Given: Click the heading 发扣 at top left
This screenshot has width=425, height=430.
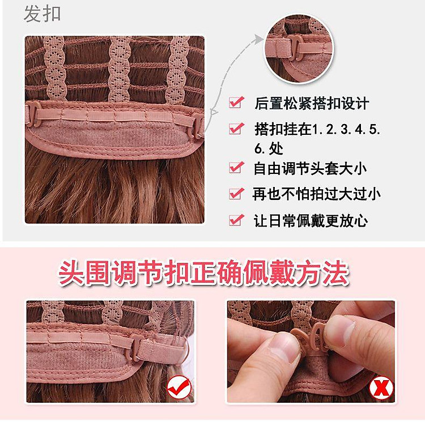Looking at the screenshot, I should tap(42, 14).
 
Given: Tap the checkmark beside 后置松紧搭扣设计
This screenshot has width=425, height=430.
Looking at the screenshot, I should tap(236, 103).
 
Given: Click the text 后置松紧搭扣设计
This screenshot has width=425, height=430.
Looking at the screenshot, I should tap(311, 103).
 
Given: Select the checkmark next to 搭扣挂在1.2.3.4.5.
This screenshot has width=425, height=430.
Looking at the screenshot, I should tap(236, 129).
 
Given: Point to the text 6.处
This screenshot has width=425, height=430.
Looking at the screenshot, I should tap(269, 148).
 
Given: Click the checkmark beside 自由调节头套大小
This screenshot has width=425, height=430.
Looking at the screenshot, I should tap(236, 168).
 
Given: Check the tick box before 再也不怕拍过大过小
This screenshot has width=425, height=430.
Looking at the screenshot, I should tap(236, 194).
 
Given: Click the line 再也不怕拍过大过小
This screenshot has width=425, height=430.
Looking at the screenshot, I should tap(316, 194).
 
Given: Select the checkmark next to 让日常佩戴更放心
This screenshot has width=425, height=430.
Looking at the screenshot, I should tap(236, 220).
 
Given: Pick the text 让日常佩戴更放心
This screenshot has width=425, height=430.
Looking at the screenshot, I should tap(311, 220).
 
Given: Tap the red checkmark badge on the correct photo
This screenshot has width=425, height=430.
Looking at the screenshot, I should tap(178, 389).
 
